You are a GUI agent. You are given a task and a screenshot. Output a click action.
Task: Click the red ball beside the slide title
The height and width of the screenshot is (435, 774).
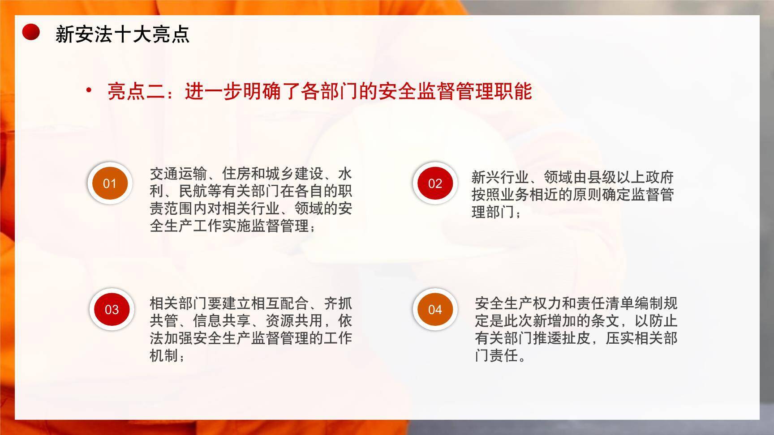click(31, 32)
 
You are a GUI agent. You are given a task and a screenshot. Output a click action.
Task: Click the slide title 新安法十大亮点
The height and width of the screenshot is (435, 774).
click(122, 34)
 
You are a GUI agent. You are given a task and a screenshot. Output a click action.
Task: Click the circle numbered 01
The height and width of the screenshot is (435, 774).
click(110, 183)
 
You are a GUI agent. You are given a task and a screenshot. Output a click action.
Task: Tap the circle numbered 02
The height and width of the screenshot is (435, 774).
click(435, 183)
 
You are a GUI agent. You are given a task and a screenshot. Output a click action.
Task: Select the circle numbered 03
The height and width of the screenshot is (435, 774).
click(112, 309)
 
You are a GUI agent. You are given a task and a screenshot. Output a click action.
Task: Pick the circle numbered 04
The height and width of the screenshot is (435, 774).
click(435, 309)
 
